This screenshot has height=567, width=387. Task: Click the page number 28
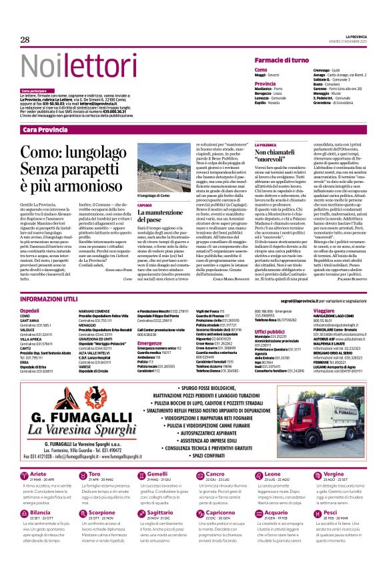pyautogui.click(x=25, y=40)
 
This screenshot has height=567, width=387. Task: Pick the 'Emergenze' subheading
pyautogui.click(x=150, y=345)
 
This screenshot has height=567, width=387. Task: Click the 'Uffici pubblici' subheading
pyautogui.click(x=270, y=331)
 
